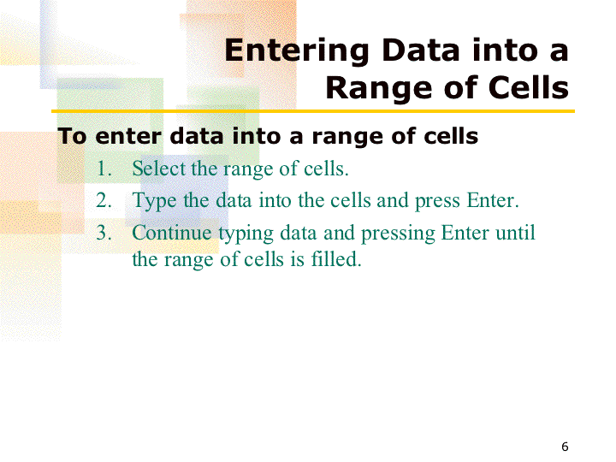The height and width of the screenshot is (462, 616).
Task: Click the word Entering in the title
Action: [x=296, y=51]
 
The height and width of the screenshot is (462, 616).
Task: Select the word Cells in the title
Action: [x=529, y=87]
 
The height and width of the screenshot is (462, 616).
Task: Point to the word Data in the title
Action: [x=420, y=50]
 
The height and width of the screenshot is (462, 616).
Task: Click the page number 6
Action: [x=565, y=447]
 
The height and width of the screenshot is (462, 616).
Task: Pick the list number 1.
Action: [x=104, y=169]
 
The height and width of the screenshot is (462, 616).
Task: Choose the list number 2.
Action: [x=104, y=200]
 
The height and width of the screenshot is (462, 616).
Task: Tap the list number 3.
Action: [x=104, y=233]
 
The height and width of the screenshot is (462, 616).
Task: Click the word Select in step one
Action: [x=158, y=169]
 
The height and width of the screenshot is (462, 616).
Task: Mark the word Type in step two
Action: [x=154, y=201]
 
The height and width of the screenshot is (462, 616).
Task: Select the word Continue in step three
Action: [x=172, y=232]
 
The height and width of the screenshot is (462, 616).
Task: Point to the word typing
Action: [x=246, y=234]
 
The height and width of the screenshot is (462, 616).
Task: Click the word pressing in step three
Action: [x=398, y=234]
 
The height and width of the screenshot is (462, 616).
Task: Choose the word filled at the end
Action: [x=336, y=259]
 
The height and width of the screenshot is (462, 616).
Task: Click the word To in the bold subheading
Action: [x=72, y=136]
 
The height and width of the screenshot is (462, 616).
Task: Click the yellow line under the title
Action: [x=313, y=111]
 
